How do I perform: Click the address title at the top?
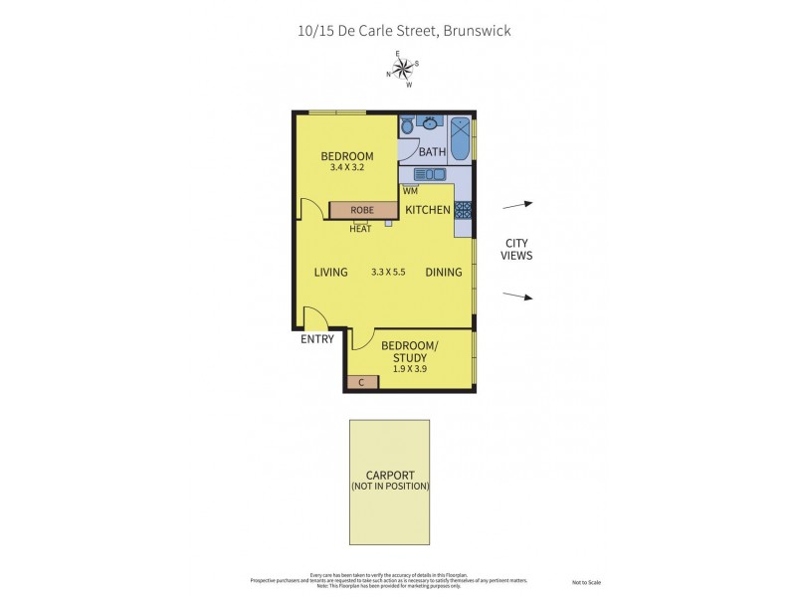(404, 30)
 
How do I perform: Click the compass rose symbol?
(403, 69)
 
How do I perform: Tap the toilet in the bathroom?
(407, 126)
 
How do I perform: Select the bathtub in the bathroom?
(461, 140)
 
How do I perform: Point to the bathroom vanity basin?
(431, 123)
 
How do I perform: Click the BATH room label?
(432, 152)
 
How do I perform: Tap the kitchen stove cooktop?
(463, 210)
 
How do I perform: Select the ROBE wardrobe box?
(362, 210)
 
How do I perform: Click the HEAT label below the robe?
(360, 229)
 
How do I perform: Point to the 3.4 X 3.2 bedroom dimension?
(346, 168)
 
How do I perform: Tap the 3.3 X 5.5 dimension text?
(388, 272)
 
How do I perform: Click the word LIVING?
(330, 272)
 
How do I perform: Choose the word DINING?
(443, 272)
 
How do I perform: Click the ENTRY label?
(316, 339)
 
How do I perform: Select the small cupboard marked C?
(359, 382)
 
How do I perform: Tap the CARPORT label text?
(389, 476)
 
